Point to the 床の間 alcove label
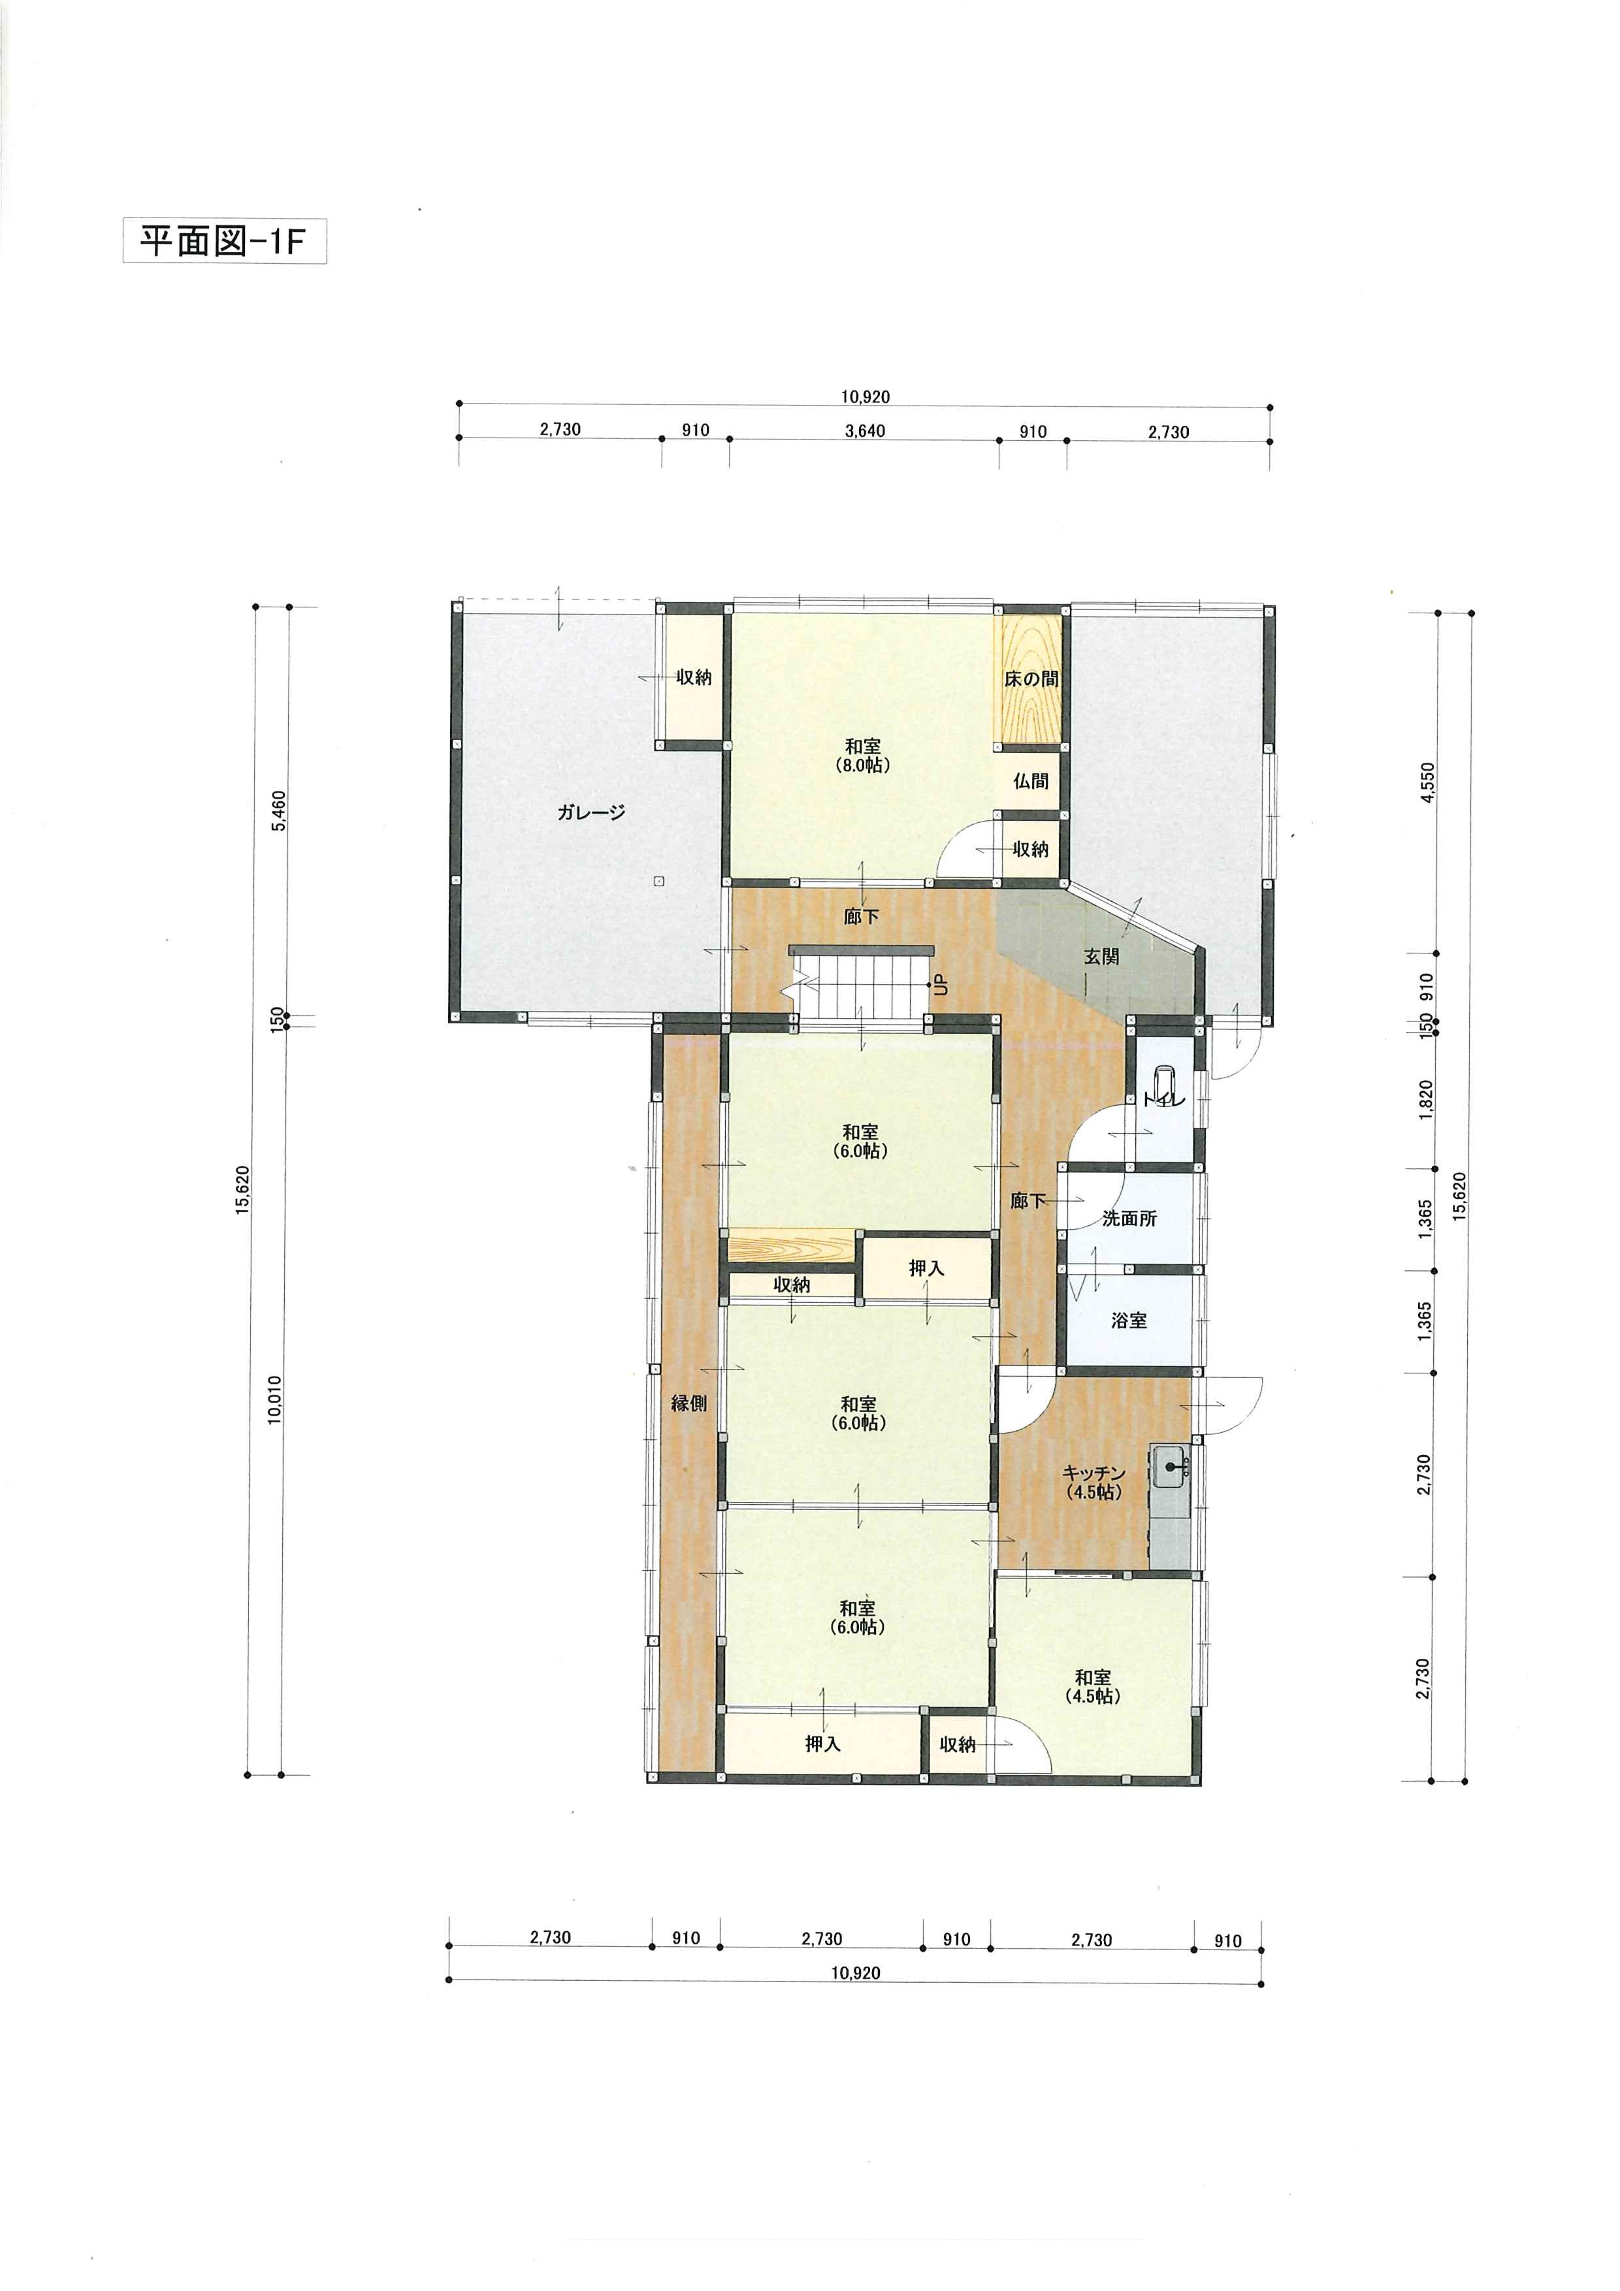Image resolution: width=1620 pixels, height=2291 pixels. tap(1031, 679)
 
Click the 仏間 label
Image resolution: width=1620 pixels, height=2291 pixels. tap(1031, 780)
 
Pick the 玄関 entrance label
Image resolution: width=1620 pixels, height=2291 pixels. tap(1102, 956)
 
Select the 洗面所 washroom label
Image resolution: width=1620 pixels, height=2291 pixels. tap(1130, 1219)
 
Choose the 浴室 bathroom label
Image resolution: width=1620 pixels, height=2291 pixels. tap(1129, 1320)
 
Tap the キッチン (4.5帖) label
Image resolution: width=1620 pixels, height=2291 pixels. tap(1094, 1482)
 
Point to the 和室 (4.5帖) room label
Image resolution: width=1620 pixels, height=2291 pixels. tap(1093, 1686)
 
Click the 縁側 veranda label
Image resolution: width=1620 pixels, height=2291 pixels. tap(688, 1403)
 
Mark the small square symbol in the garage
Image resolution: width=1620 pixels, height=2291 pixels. tap(658, 880)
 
